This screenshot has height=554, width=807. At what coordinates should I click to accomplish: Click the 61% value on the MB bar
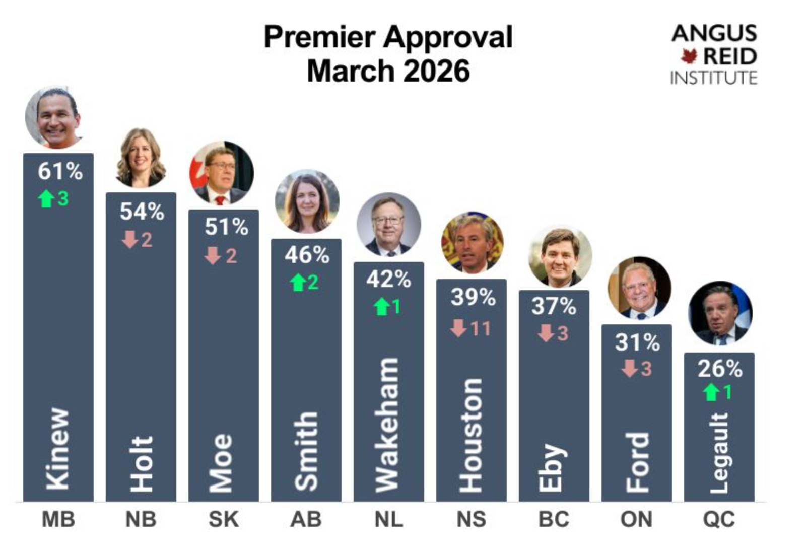[x=60, y=171]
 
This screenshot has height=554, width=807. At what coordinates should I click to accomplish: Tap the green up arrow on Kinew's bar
[x=46, y=199]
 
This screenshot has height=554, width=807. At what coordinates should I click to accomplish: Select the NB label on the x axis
[x=141, y=519]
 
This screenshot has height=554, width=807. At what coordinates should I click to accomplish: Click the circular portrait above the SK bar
[x=222, y=173]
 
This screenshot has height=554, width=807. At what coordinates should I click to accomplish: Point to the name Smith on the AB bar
[x=306, y=451]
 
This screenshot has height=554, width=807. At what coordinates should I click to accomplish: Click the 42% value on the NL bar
[x=388, y=279]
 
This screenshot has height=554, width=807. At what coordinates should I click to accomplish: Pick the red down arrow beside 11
[x=458, y=328]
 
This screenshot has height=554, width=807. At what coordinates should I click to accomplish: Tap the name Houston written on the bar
[x=471, y=436]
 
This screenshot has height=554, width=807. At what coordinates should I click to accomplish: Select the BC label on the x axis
[x=554, y=519]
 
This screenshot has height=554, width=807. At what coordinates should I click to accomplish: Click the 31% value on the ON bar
[x=637, y=343]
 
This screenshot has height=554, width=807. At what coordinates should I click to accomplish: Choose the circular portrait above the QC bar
[x=720, y=313]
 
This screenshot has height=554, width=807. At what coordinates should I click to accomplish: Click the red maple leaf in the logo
[x=689, y=56]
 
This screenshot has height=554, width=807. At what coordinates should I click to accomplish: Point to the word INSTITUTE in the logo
[x=713, y=78]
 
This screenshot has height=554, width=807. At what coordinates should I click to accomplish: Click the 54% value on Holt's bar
[x=142, y=212]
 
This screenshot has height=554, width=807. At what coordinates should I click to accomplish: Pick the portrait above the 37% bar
[x=560, y=256]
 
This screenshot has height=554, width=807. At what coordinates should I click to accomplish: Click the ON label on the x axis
[x=636, y=519]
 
